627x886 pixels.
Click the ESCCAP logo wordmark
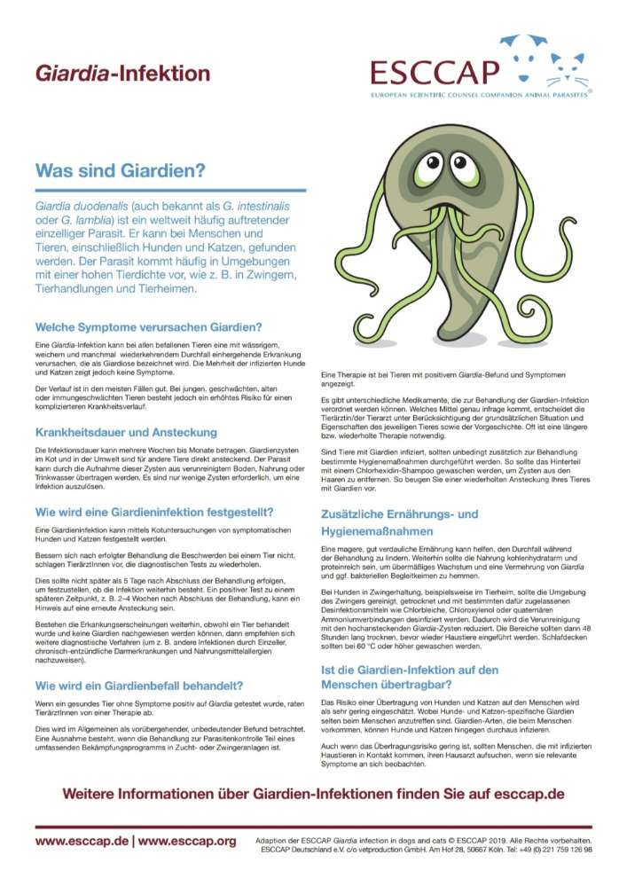(435, 71)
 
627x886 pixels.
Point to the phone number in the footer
(562, 849)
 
